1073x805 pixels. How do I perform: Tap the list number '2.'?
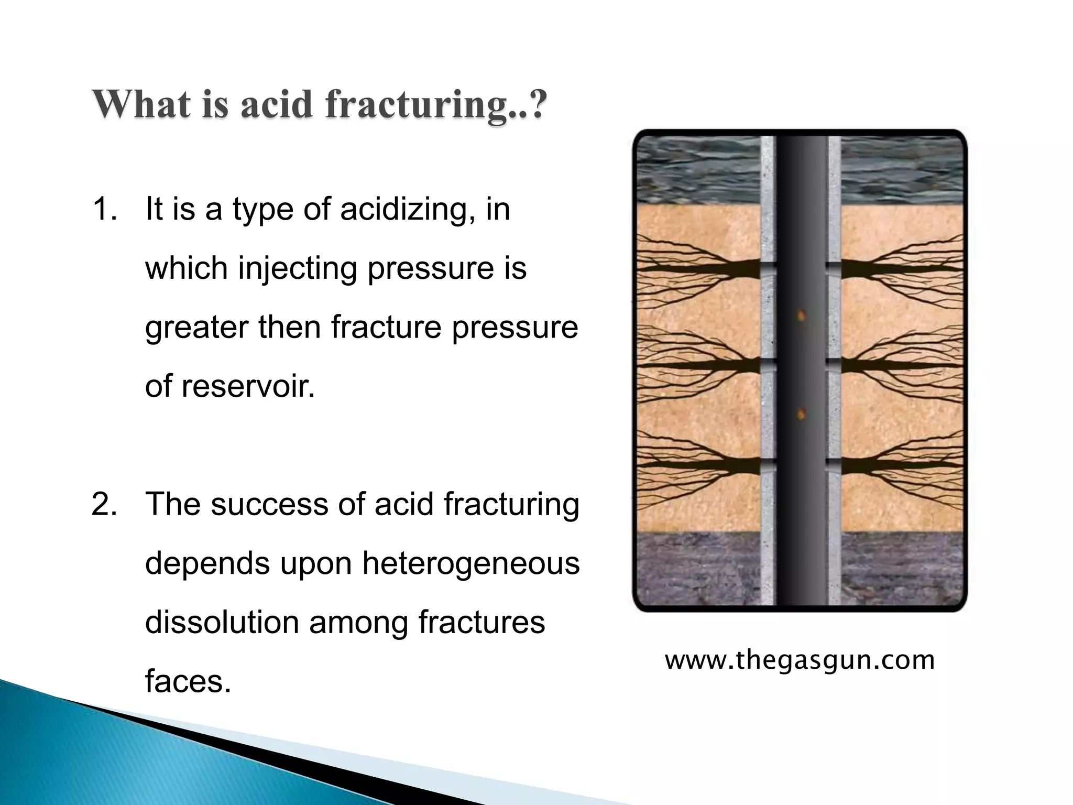104,504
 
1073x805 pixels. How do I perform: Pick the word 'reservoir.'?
248,386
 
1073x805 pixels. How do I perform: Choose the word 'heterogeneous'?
470,563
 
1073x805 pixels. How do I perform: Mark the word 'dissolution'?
222,622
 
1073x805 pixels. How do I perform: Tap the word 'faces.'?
188,681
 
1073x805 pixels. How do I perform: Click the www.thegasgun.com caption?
800,660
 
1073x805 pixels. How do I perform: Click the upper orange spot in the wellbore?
801,315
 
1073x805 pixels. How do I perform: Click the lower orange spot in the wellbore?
801,415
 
